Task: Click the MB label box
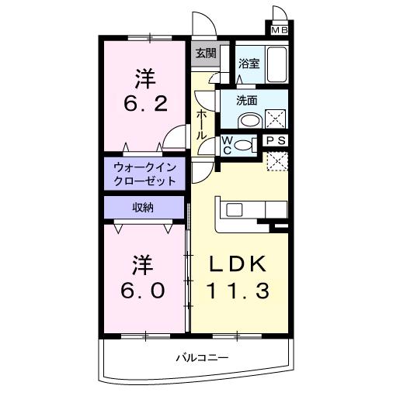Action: (x=278, y=30)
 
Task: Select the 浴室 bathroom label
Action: (x=249, y=64)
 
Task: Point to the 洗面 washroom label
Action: (x=247, y=101)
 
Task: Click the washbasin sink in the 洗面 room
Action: (x=249, y=120)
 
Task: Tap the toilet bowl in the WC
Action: (x=244, y=144)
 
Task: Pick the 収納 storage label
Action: (x=145, y=207)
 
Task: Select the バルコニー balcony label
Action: (x=200, y=358)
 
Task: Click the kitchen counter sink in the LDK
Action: (x=235, y=209)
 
